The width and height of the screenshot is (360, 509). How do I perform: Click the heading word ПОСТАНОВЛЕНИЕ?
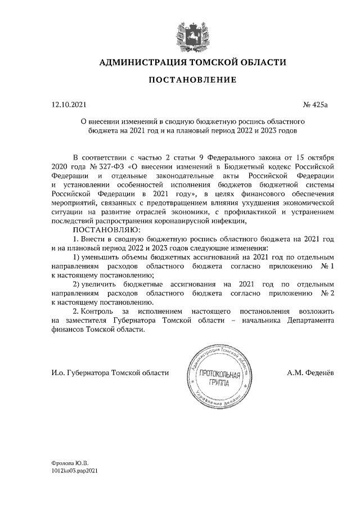(x=192, y=80)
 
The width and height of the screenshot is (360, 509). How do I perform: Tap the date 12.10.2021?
(x=69, y=105)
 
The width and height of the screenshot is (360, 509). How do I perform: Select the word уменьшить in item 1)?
(x=102, y=257)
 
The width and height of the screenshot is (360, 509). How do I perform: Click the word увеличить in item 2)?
(x=103, y=285)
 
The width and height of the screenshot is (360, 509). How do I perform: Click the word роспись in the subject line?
(x=245, y=121)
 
